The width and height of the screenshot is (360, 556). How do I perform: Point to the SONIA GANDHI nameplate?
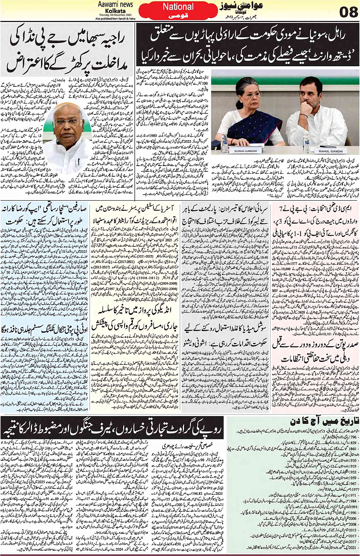click(245, 151)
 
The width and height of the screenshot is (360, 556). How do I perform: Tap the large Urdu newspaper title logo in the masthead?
click(235, 8)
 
